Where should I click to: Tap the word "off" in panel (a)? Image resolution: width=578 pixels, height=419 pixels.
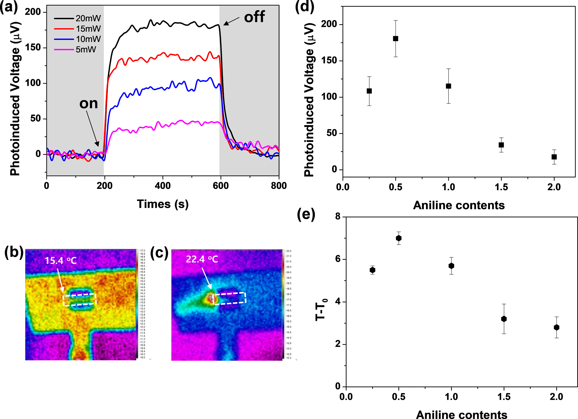pyautogui.click(x=254, y=17)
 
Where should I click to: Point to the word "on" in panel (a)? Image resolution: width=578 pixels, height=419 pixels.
pyautogui.click(x=89, y=104)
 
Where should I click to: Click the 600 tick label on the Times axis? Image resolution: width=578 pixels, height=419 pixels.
pyautogui.click(x=221, y=186)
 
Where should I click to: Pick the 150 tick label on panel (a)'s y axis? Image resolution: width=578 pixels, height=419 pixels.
pyautogui.click(x=33, y=47)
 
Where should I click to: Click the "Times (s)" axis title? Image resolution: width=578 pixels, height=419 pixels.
pyautogui.click(x=163, y=204)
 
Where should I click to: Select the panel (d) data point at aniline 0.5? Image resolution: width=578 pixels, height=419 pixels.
pyautogui.click(x=396, y=39)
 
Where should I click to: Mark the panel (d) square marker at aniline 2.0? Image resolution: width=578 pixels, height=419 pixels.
pyautogui.click(x=554, y=157)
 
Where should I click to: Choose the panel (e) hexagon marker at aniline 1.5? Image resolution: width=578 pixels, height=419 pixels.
pyautogui.click(x=504, y=319)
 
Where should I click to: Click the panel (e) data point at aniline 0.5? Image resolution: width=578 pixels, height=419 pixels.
pyautogui.click(x=399, y=238)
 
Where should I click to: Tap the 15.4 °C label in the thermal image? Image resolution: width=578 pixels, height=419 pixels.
pyautogui.click(x=61, y=261)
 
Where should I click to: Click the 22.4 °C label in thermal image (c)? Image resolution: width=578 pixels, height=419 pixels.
pyautogui.click(x=202, y=259)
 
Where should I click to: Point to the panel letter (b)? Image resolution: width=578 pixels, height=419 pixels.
pyautogui.click(x=14, y=252)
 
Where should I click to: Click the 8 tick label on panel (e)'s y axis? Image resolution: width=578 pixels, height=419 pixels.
pyautogui.click(x=338, y=216)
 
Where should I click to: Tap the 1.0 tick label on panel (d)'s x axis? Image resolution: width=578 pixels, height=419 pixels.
pyautogui.click(x=449, y=187)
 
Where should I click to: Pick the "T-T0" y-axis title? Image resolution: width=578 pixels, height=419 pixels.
pyautogui.click(x=321, y=310)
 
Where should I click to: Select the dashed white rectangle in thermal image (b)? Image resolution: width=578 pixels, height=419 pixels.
pyautogui.click(x=80, y=300)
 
